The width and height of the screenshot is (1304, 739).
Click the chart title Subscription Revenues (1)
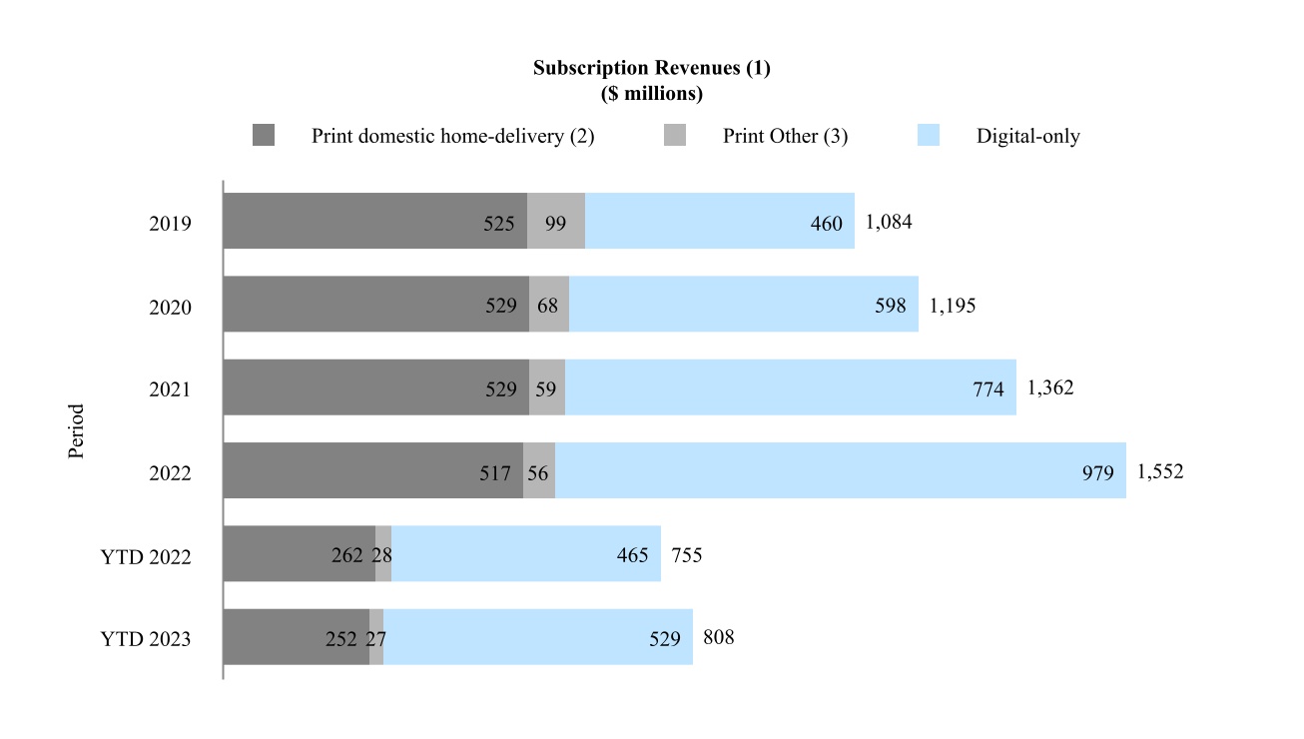651,69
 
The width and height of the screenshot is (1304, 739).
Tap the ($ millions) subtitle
651,94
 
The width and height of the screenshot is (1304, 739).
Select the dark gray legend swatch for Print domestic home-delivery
264,136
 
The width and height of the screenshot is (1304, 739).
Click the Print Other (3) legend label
785,137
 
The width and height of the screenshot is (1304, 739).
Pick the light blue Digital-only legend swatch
929,136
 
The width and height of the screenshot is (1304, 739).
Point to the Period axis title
77,431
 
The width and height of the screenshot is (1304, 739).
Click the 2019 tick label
170,223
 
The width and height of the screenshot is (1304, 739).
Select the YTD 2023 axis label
146,638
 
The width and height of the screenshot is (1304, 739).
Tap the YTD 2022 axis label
146,555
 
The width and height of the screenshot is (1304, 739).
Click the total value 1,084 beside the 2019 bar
889,222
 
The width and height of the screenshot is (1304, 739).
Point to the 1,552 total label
1160,471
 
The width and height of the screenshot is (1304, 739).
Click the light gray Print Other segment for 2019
556,221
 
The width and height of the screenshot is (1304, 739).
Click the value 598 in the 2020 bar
890,306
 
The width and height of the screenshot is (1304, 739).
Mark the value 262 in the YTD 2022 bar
347,555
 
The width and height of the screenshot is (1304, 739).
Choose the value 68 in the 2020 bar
547,306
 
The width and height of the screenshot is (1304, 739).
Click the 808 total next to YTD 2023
719,636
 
